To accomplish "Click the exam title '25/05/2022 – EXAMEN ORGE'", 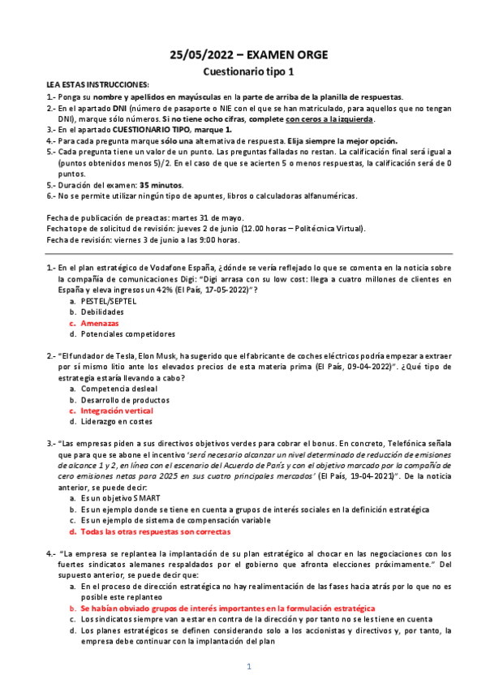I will pos(248,55).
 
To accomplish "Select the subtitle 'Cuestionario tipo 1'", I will pos(247,71).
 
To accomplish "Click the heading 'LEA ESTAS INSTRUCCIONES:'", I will pos(98,85).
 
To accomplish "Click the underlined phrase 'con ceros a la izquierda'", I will pos(329,118).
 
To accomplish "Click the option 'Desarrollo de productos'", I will pos(126,399).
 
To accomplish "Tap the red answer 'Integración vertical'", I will pos(120,411).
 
